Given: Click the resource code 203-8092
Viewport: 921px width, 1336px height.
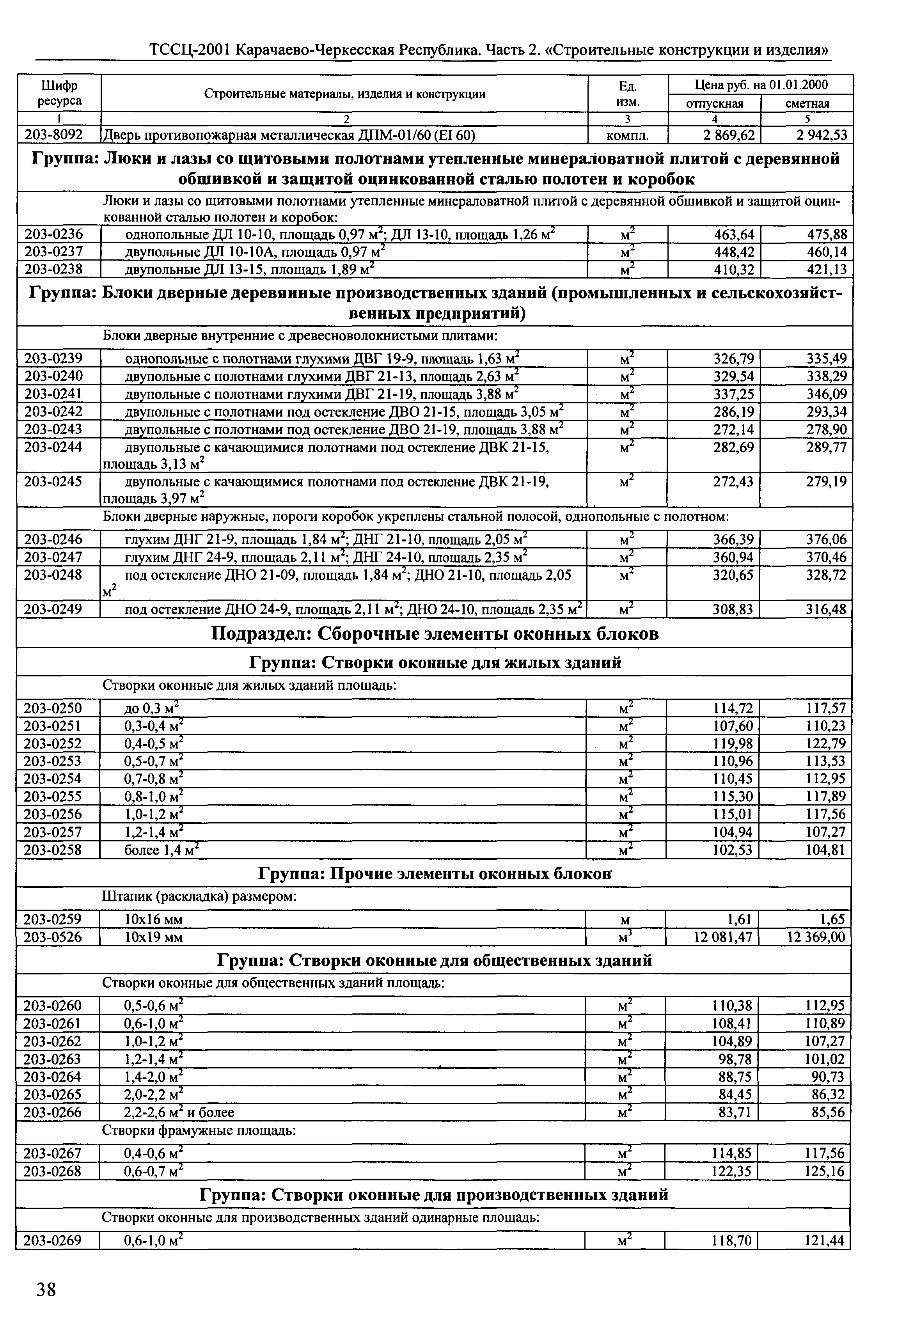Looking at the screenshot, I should pos(54,135).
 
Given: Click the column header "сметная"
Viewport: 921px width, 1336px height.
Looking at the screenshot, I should pos(807,104).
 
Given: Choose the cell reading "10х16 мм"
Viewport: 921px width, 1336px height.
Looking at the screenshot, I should pos(154,919).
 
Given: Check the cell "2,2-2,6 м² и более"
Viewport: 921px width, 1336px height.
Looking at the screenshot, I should pos(179,1112).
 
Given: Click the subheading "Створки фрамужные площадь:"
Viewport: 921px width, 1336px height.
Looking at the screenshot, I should pos(199,1130).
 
